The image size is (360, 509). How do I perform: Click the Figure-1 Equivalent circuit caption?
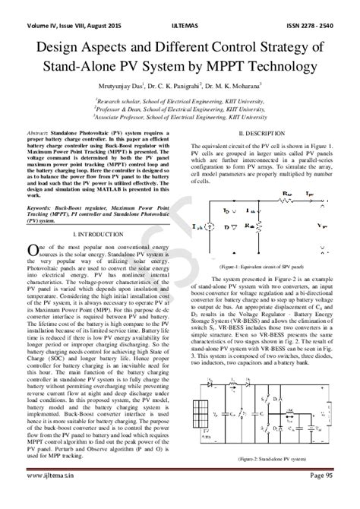[x=261, y=268]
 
